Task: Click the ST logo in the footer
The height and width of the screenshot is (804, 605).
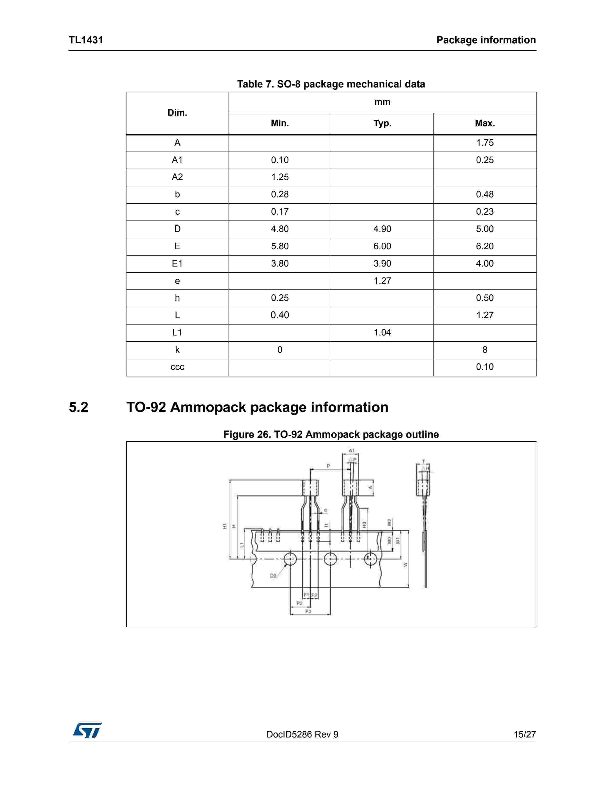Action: (87, 730)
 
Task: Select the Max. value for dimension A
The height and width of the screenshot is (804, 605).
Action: (485, 143)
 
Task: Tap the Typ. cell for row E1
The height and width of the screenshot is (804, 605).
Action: (382, 264)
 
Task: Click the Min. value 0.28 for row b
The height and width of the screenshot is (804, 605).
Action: (279, 194)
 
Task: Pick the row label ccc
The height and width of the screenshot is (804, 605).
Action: (177, 367)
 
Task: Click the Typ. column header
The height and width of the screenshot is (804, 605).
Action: (382, 123)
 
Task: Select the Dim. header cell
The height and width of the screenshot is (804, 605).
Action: (177, 113)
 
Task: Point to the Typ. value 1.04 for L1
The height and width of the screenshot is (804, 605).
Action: (382, 333)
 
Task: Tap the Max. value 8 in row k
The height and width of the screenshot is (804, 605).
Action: (485, 350)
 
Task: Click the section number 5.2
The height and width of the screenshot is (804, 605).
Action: (78, 407)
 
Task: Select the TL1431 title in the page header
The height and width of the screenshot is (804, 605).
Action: (86, 40)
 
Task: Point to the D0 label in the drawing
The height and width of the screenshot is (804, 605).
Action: (273, 575)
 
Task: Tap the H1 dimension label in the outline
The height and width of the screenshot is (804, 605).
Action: (225, 526)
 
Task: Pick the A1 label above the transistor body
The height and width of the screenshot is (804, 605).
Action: (352, 451)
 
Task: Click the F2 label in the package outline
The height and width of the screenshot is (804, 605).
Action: (314, 595)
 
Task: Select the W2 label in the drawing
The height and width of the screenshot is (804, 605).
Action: (389, 522)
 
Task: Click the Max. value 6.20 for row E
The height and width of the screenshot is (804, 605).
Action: (485, 246)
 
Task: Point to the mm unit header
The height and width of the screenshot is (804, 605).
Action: (382, 102)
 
